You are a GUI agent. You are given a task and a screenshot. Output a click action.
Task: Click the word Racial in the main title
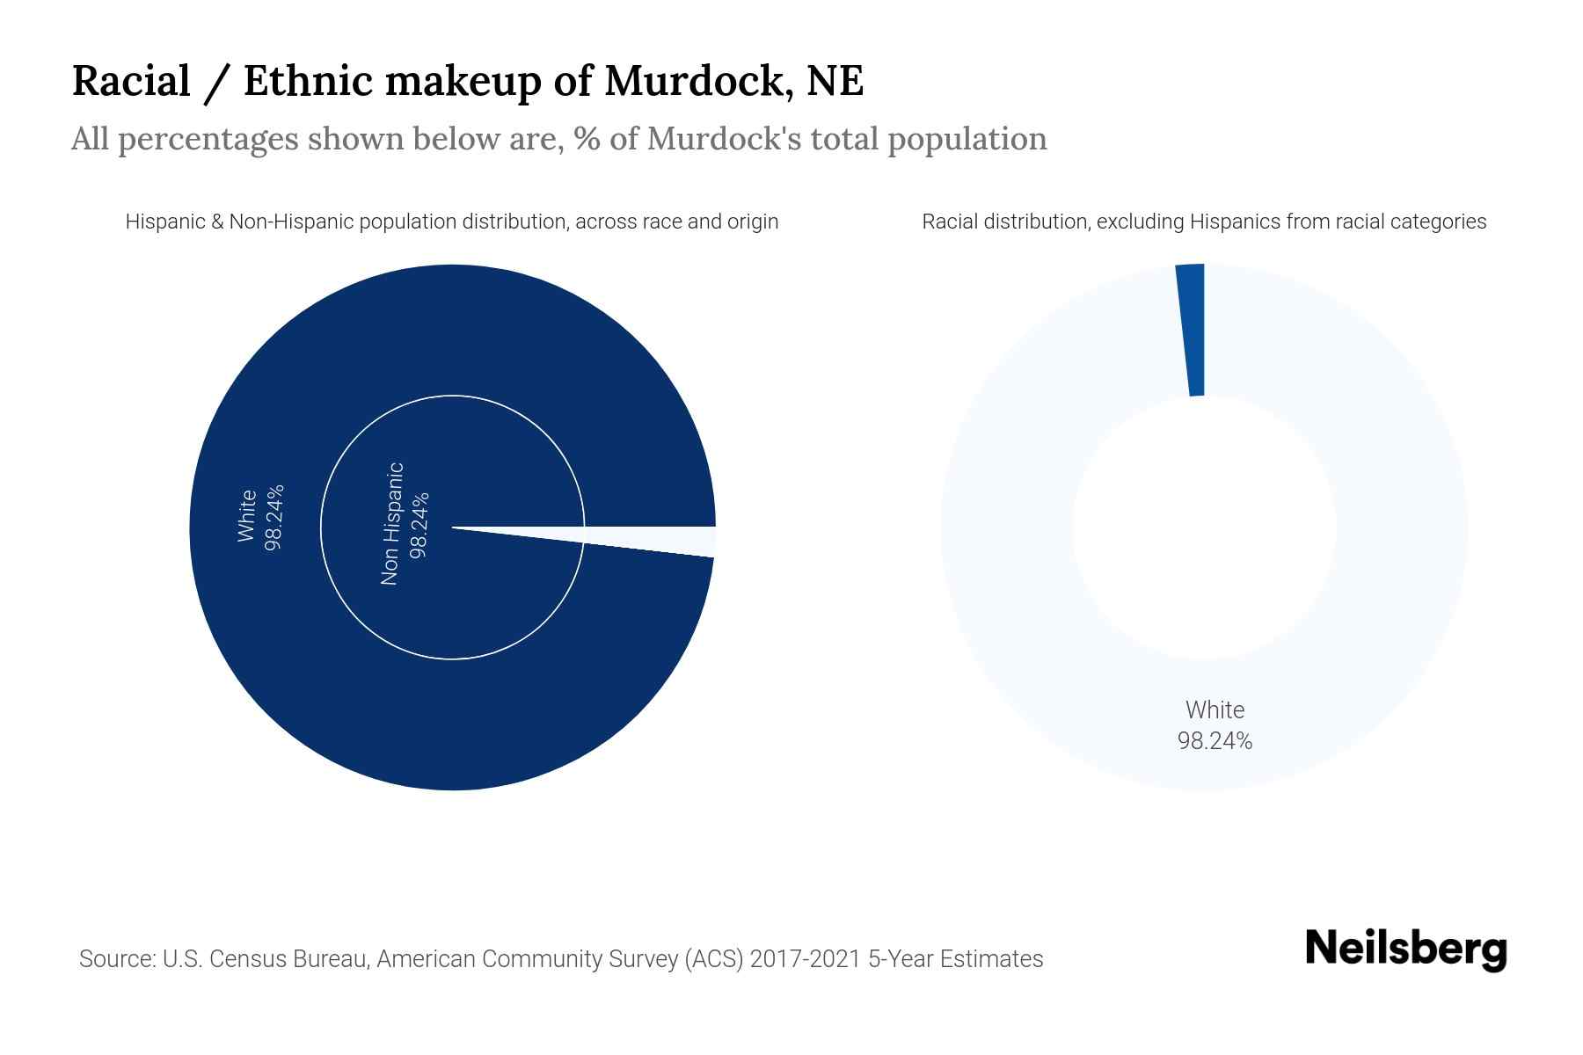click(x=131, y=81)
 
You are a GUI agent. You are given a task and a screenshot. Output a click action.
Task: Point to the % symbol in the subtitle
click(x=587, y=139)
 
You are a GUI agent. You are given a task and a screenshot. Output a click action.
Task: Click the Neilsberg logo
click(x=1405, y=949)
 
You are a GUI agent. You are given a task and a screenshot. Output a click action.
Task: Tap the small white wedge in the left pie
click(x=668, y=540)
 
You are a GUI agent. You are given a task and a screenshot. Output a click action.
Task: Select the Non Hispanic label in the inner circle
click(x=391, y=524)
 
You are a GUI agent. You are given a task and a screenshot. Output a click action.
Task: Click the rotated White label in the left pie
click(x=246, y=516)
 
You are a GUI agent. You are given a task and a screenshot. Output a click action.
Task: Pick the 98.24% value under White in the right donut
click(x=1215, y=741)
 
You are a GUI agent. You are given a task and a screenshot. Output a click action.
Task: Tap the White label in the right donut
click(x=1215, y=709)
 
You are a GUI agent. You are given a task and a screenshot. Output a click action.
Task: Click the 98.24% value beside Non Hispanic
click(x=419, y=524)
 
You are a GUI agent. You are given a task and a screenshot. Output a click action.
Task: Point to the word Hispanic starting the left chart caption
click(x=165, y=222)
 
